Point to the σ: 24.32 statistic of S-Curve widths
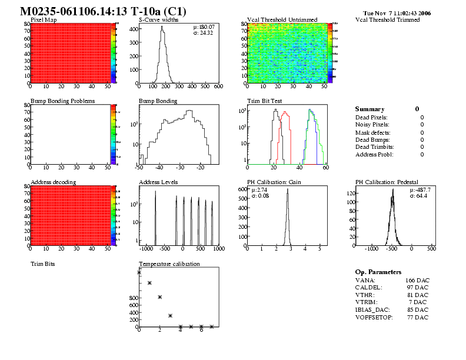[204, 32]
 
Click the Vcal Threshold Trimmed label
[387, 19]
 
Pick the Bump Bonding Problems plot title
[62, 101]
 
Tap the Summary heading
[370, 109]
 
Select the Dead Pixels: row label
[372, 117]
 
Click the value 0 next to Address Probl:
[422, 154]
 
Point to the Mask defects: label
[373, 132]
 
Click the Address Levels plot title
[158, 182]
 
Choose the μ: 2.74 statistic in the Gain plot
[259, 190]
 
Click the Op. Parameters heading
[378, 272]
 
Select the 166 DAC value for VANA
[417, 280]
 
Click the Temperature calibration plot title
[169, 264]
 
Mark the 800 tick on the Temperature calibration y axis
[132, 298]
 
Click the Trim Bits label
[42, 264]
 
